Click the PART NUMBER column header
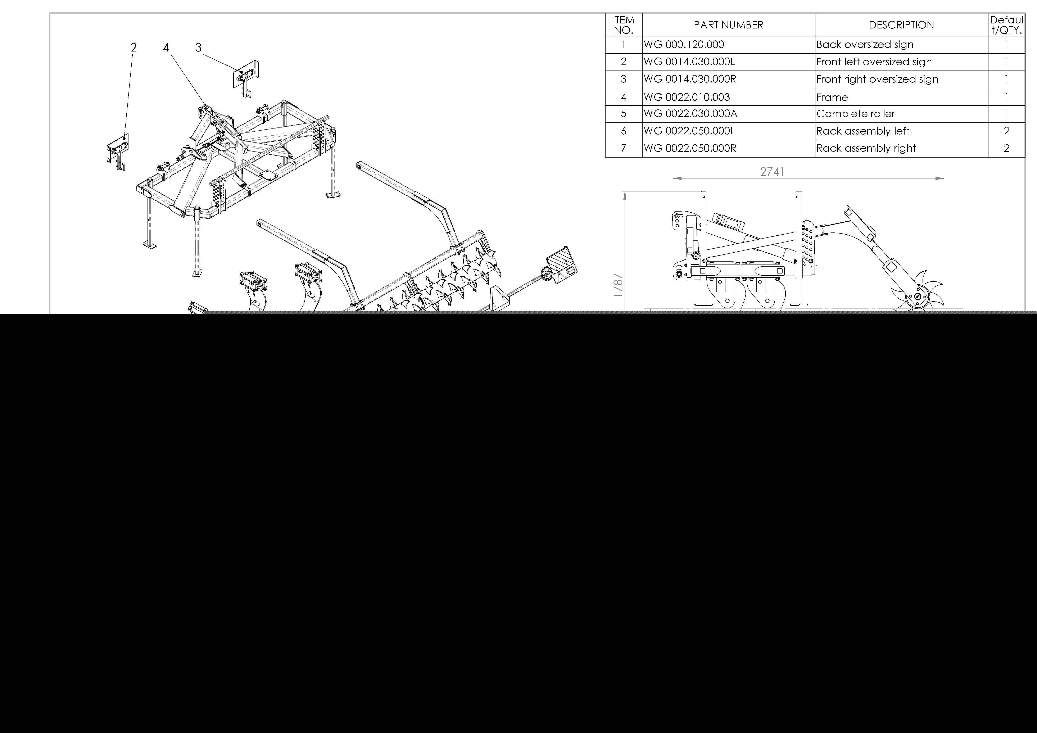coord(729,25)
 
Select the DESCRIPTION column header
coord(901,25)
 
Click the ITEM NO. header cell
coord(624,25)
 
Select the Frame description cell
coord(832,97)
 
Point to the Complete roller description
coord(855,114)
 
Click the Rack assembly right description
coord(866,148)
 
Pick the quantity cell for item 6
coord(1006,131)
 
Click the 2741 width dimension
coord(772,172)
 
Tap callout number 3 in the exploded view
coord(198,47)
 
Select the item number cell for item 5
coord(624,114)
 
